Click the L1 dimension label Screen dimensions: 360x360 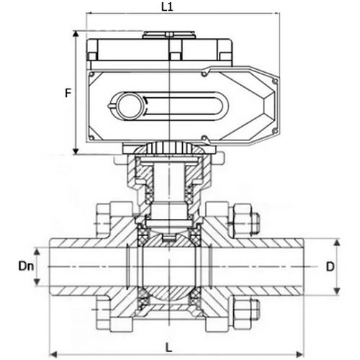[x=166, y=6]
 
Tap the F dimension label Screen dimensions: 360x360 [x=67, y=93]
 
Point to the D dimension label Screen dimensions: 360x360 [x=330, y=266]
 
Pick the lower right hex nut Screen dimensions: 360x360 [x=243, y=310]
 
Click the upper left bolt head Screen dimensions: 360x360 [x=102, y=217]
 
